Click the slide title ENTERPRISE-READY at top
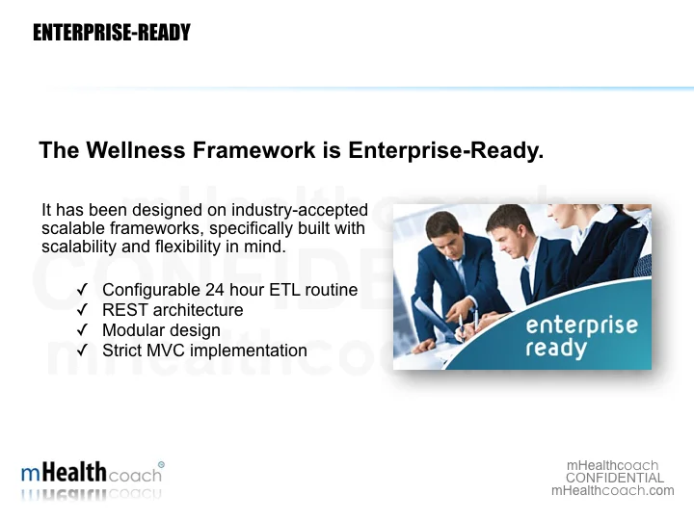tap(111, 33)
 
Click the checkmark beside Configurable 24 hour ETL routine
tap(83, 290)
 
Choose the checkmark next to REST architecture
tap(83, 310)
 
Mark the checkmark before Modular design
tap(83, 330)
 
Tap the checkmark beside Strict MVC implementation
tap(83, 351)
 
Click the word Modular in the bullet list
tap(133, 330)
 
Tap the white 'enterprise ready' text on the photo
tap(581, 336)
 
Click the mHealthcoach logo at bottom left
tap(92, 474)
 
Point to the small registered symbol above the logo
tap(161, 463)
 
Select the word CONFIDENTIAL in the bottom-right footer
tap(614, 478)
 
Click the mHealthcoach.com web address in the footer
tap(612, 490)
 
